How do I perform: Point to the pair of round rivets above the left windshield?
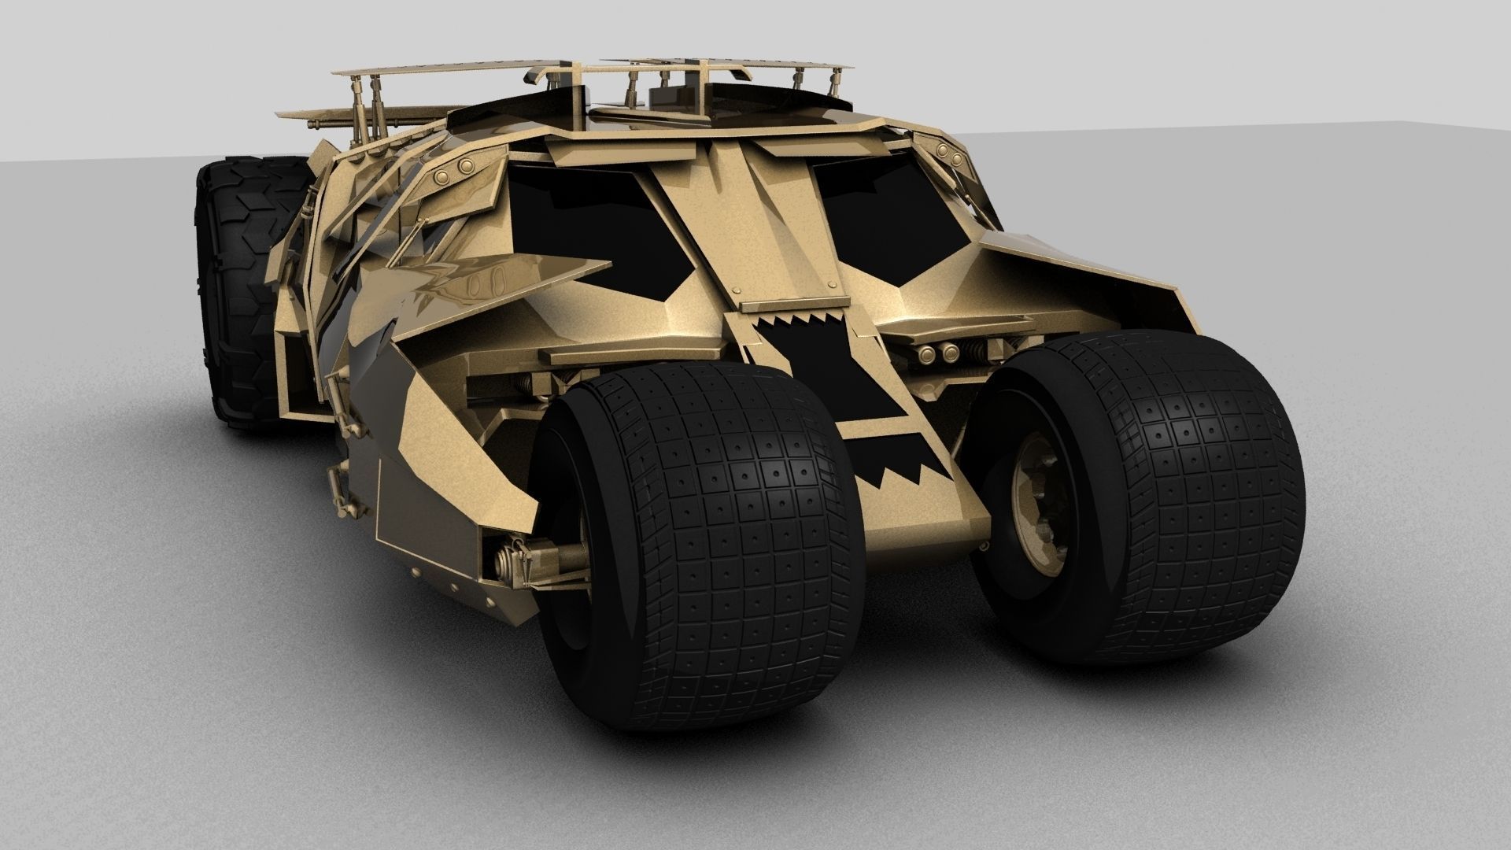[454, 167]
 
